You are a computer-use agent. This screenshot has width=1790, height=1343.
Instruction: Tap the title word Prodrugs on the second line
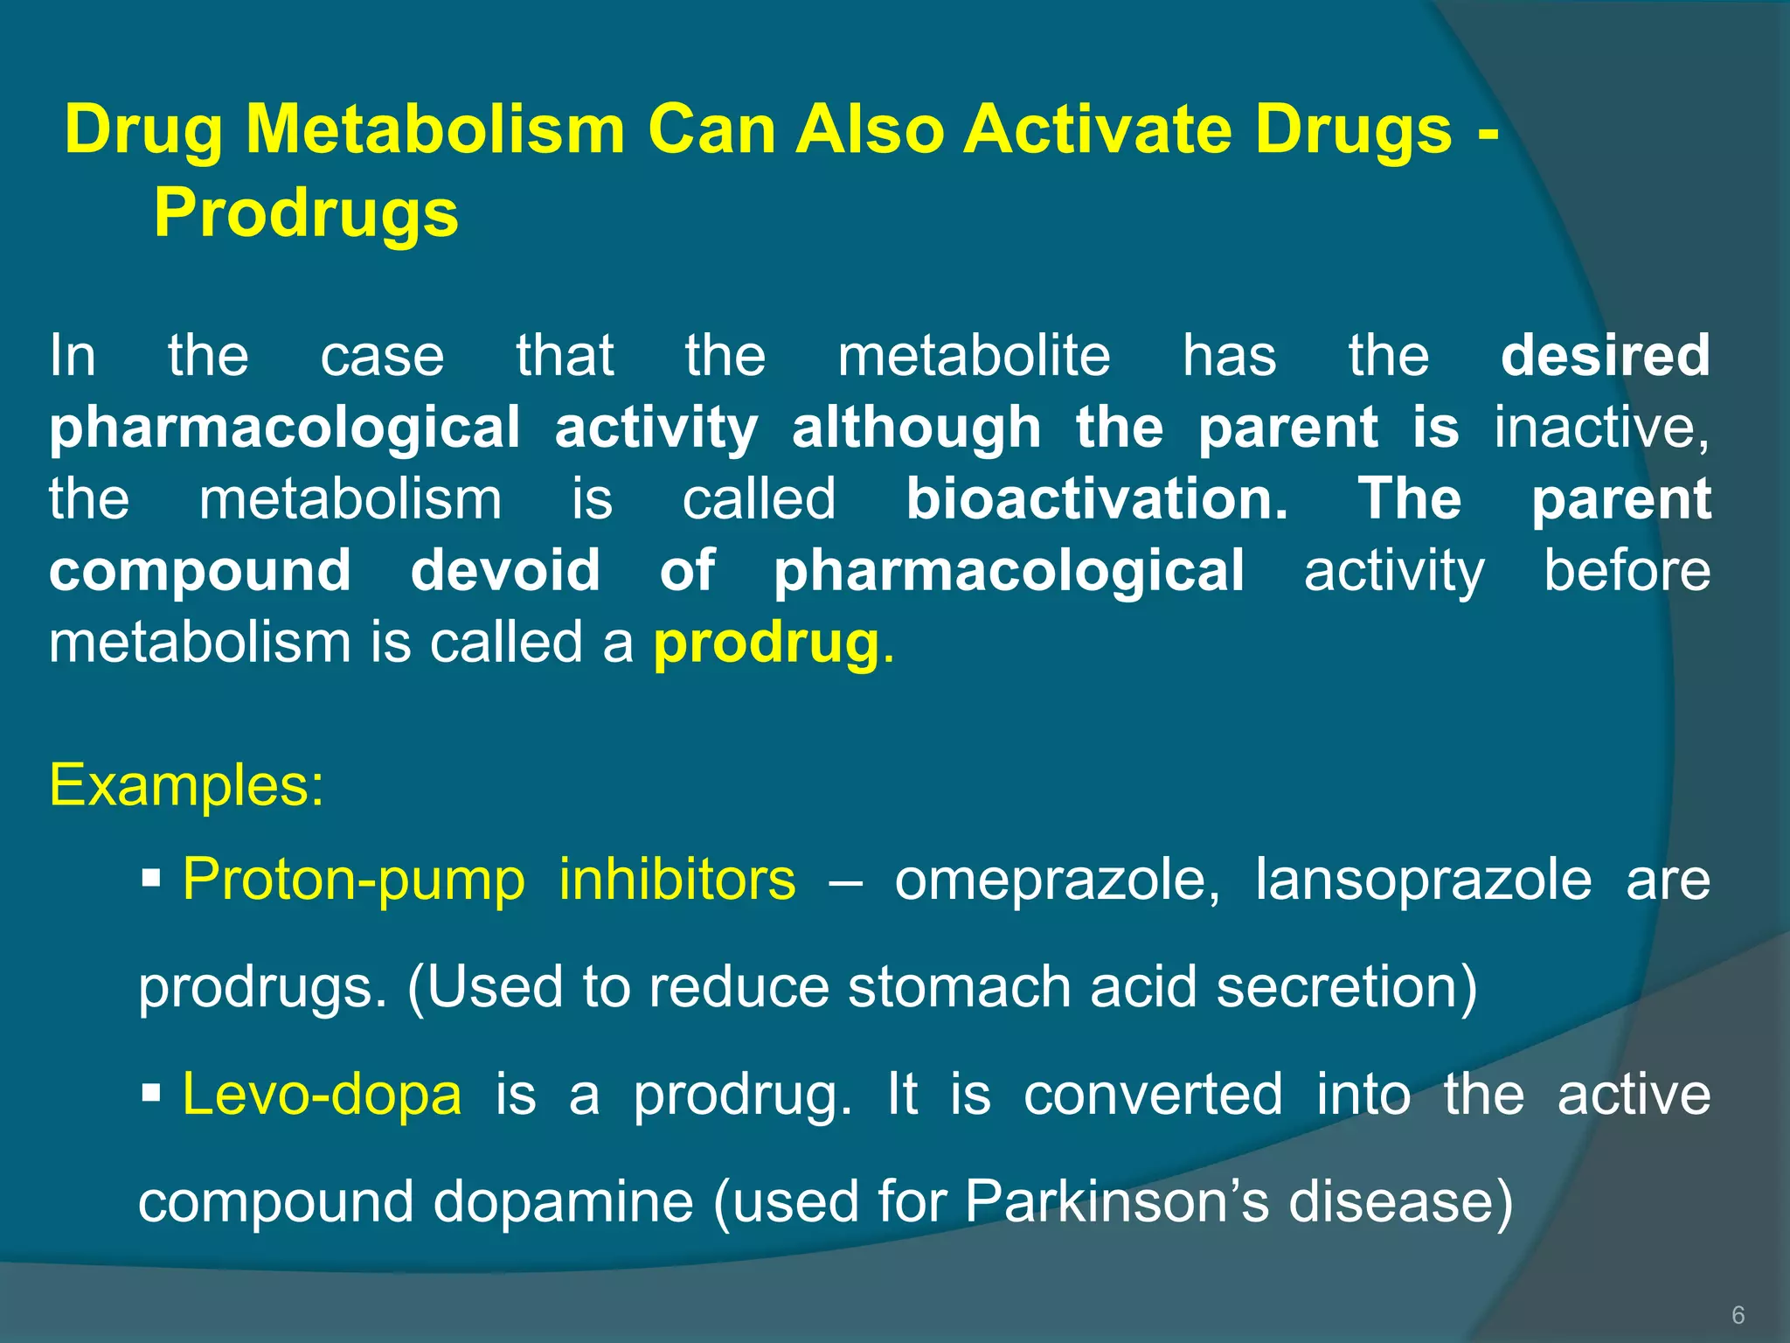[x=306, y=213]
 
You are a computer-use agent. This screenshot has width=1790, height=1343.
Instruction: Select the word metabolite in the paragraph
[x=974, y=356]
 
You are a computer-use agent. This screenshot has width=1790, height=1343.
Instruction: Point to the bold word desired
[x=1605, y=356]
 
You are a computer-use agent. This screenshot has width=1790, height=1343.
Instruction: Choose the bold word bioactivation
[x=1096, y=499]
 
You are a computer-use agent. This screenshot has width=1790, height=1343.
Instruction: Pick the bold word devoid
[x=505, y=571]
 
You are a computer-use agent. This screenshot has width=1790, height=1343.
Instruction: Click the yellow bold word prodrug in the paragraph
[x=767, y=644]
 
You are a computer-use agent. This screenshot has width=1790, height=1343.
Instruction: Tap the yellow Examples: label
[x=187, y=784]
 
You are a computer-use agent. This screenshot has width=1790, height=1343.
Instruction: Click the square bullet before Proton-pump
[x=151, y=876]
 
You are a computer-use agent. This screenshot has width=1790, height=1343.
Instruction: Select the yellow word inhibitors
[x=677, y=879]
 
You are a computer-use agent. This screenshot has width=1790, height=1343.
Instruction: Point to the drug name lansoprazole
[x=1424, y=879]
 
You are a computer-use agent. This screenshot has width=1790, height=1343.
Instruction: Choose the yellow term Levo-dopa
[x=322, y=1094]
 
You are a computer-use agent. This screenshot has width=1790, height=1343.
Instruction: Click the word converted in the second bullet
[x=1153, y=1094]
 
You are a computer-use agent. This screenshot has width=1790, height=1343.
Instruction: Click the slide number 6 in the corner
[x=1738, y=1315]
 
